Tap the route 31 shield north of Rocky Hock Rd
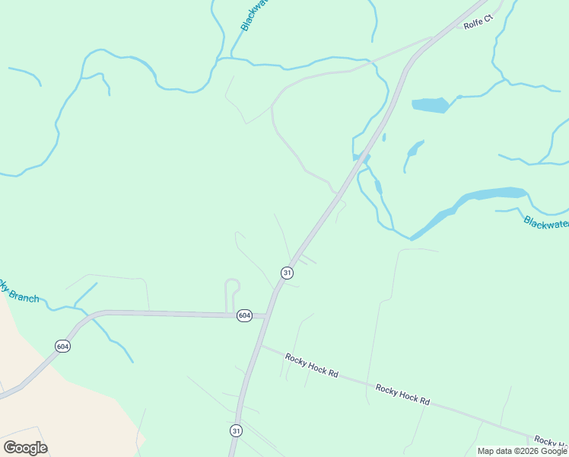point(287,272)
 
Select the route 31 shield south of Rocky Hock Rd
point(237,430)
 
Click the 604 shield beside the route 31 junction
point(243,315)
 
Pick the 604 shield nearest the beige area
point(63,346)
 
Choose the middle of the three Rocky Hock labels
point(402,394)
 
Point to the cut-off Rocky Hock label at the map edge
point(550,442)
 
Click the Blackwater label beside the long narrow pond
point(545,222)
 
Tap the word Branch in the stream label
point(25,296)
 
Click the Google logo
point(25,448)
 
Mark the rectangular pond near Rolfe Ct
point(431,105)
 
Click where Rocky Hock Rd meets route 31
point(261,347)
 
